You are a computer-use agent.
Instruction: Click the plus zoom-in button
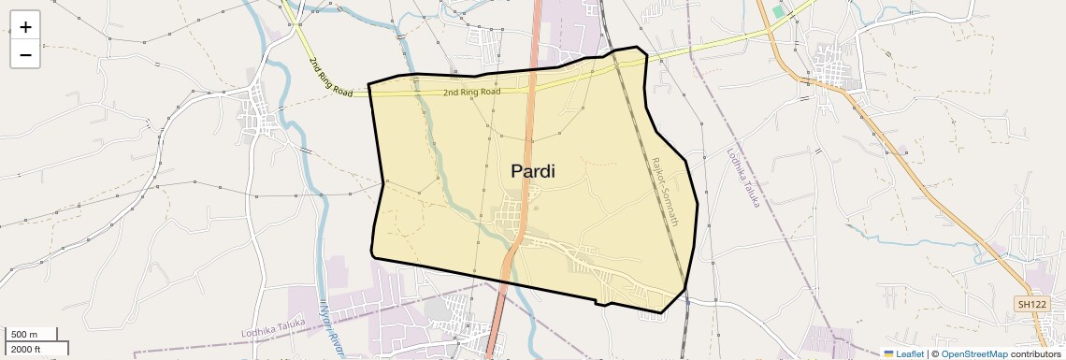click(x=25, y=27)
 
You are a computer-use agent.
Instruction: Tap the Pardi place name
click(x=533, y=171)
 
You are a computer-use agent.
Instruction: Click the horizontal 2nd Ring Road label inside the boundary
click(x=471, y=93)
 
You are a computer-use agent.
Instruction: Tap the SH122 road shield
click(x=1031, y=304)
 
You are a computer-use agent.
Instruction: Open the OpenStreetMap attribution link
click(x=974, y=353)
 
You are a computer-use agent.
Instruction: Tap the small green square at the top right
click(x=778, y=12)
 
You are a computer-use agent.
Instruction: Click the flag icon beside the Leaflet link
click(x=888, y=353)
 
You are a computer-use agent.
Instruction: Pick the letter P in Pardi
click(x=517, y=171)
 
